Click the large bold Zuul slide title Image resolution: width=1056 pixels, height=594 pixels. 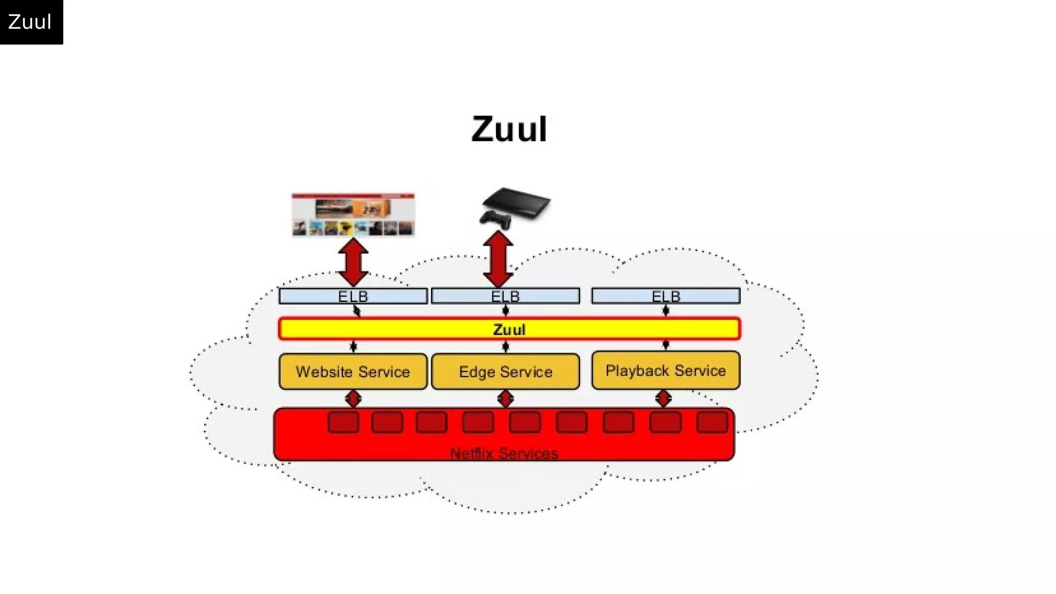point(509,129)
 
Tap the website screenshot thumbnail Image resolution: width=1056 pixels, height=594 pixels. point(353,214)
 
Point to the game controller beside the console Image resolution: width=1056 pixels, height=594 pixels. point(496,219)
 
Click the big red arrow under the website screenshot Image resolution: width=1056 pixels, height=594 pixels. point(353,262)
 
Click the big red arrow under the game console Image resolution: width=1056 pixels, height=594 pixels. point(498,259)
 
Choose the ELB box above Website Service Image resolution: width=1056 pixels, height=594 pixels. point(353,296)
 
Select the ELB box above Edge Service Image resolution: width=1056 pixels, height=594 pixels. point(505,296)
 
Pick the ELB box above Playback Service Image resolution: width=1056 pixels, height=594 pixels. point(666,296)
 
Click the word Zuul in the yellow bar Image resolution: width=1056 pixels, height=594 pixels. point(509,329)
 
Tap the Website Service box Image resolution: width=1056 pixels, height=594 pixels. point(353,371)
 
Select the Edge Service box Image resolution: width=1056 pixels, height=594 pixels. point(505,371)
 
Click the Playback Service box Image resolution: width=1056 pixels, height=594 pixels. point(666,370)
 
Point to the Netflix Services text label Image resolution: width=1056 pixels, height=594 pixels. point(504,453)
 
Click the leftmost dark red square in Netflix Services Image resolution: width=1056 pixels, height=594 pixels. point(343,422)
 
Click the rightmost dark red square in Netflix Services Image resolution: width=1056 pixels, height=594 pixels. point(712,422)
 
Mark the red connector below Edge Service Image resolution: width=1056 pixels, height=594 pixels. point(505,399)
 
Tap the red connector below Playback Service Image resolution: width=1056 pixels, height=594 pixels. point(664,398)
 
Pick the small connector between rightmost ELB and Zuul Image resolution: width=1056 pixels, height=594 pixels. point(666,310)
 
